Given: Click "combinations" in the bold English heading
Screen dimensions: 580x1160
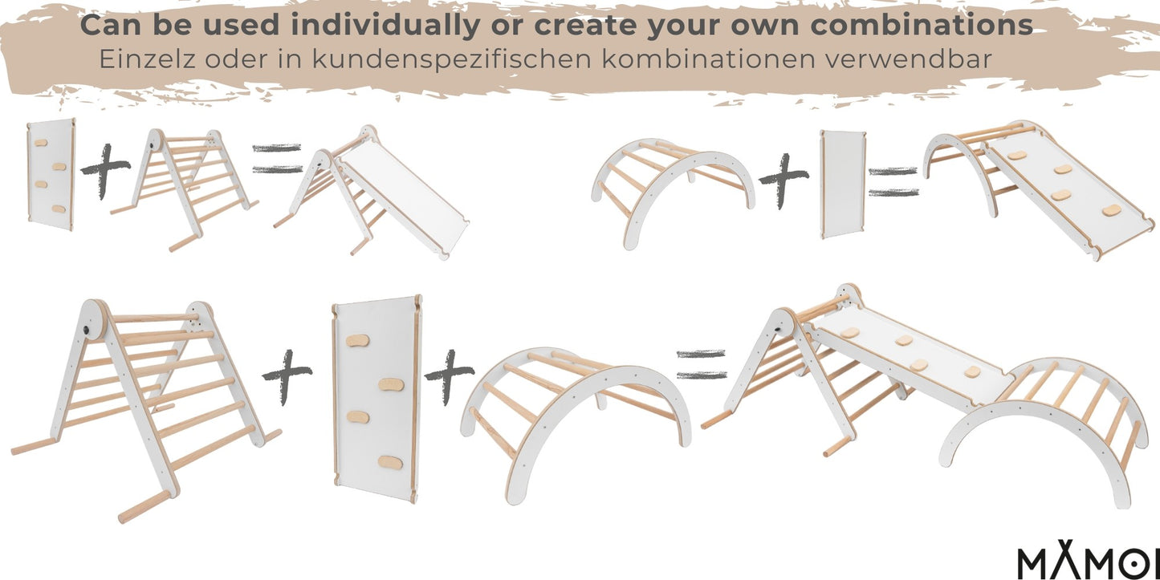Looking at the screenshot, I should (922, 25).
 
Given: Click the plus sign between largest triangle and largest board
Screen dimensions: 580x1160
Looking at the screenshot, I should (287, 375).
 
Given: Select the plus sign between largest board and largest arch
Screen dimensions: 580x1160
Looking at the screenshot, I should (449, 375).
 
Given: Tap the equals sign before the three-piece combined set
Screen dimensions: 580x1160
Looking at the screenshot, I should (701, 364).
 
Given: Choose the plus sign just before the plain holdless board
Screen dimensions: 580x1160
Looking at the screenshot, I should (783, 181).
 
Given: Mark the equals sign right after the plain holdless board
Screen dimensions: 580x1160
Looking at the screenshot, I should (893, 181).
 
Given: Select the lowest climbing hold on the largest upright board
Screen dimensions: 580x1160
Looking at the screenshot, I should (390, 463).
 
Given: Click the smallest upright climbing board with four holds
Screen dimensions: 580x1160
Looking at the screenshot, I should (50, 174).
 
